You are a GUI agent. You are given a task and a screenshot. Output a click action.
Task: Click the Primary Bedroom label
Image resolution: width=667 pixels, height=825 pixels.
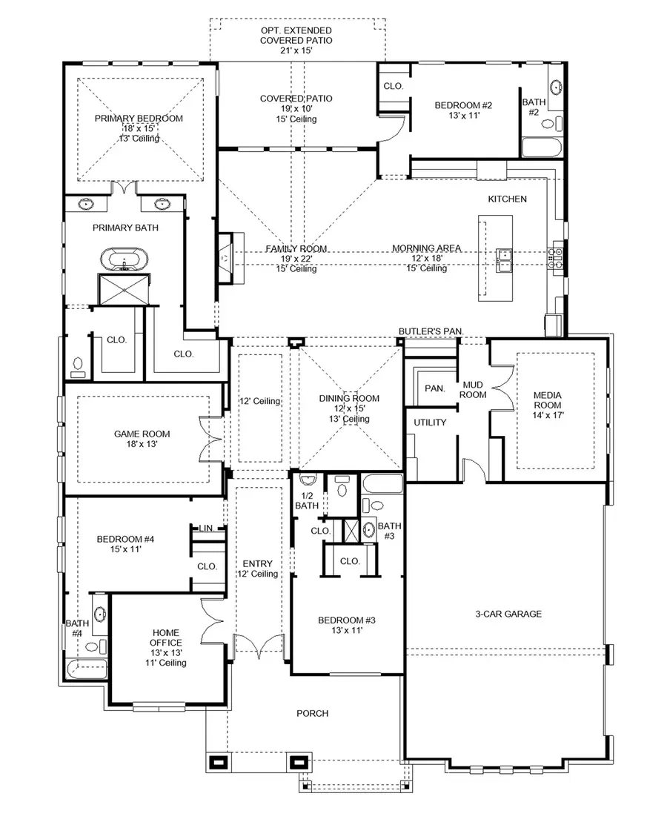tap(139, 119)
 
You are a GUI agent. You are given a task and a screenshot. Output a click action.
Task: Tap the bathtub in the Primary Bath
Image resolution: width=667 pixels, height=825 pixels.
tap(125, 261)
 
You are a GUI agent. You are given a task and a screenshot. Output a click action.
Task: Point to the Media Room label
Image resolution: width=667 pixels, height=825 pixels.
tap(548, 405)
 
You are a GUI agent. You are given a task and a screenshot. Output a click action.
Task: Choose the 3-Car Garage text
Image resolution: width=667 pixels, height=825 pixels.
tap(508, 614)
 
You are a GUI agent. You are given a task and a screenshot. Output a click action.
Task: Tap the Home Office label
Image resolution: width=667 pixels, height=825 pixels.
tap(165, 643)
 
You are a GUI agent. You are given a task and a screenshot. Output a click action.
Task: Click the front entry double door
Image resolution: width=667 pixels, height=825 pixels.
tap(259, 646)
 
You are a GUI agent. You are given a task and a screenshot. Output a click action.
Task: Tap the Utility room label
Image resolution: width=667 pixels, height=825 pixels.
tap(430, 423)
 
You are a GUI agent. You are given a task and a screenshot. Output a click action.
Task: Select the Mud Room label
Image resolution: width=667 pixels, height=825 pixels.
tap(474, 390)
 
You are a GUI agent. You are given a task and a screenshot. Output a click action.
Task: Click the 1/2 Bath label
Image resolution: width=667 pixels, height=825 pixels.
tap(307, 500)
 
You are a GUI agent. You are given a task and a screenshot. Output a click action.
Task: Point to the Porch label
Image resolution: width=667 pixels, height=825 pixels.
tap(312, 713)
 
